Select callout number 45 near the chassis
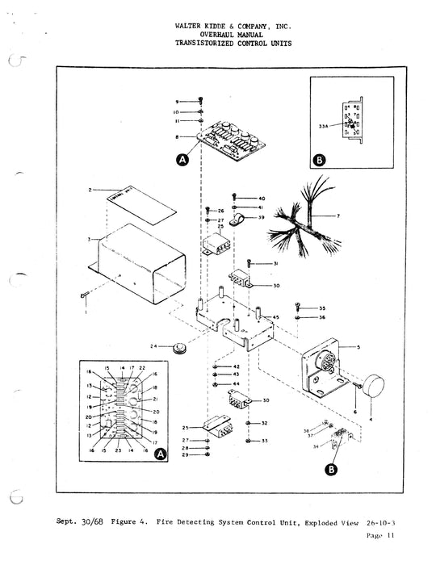(277, 318)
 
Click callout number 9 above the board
(177, 101)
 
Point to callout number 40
(261, 199)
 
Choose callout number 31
(275, 264)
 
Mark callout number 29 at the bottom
(185, 455)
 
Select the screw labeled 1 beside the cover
(84, 298)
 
